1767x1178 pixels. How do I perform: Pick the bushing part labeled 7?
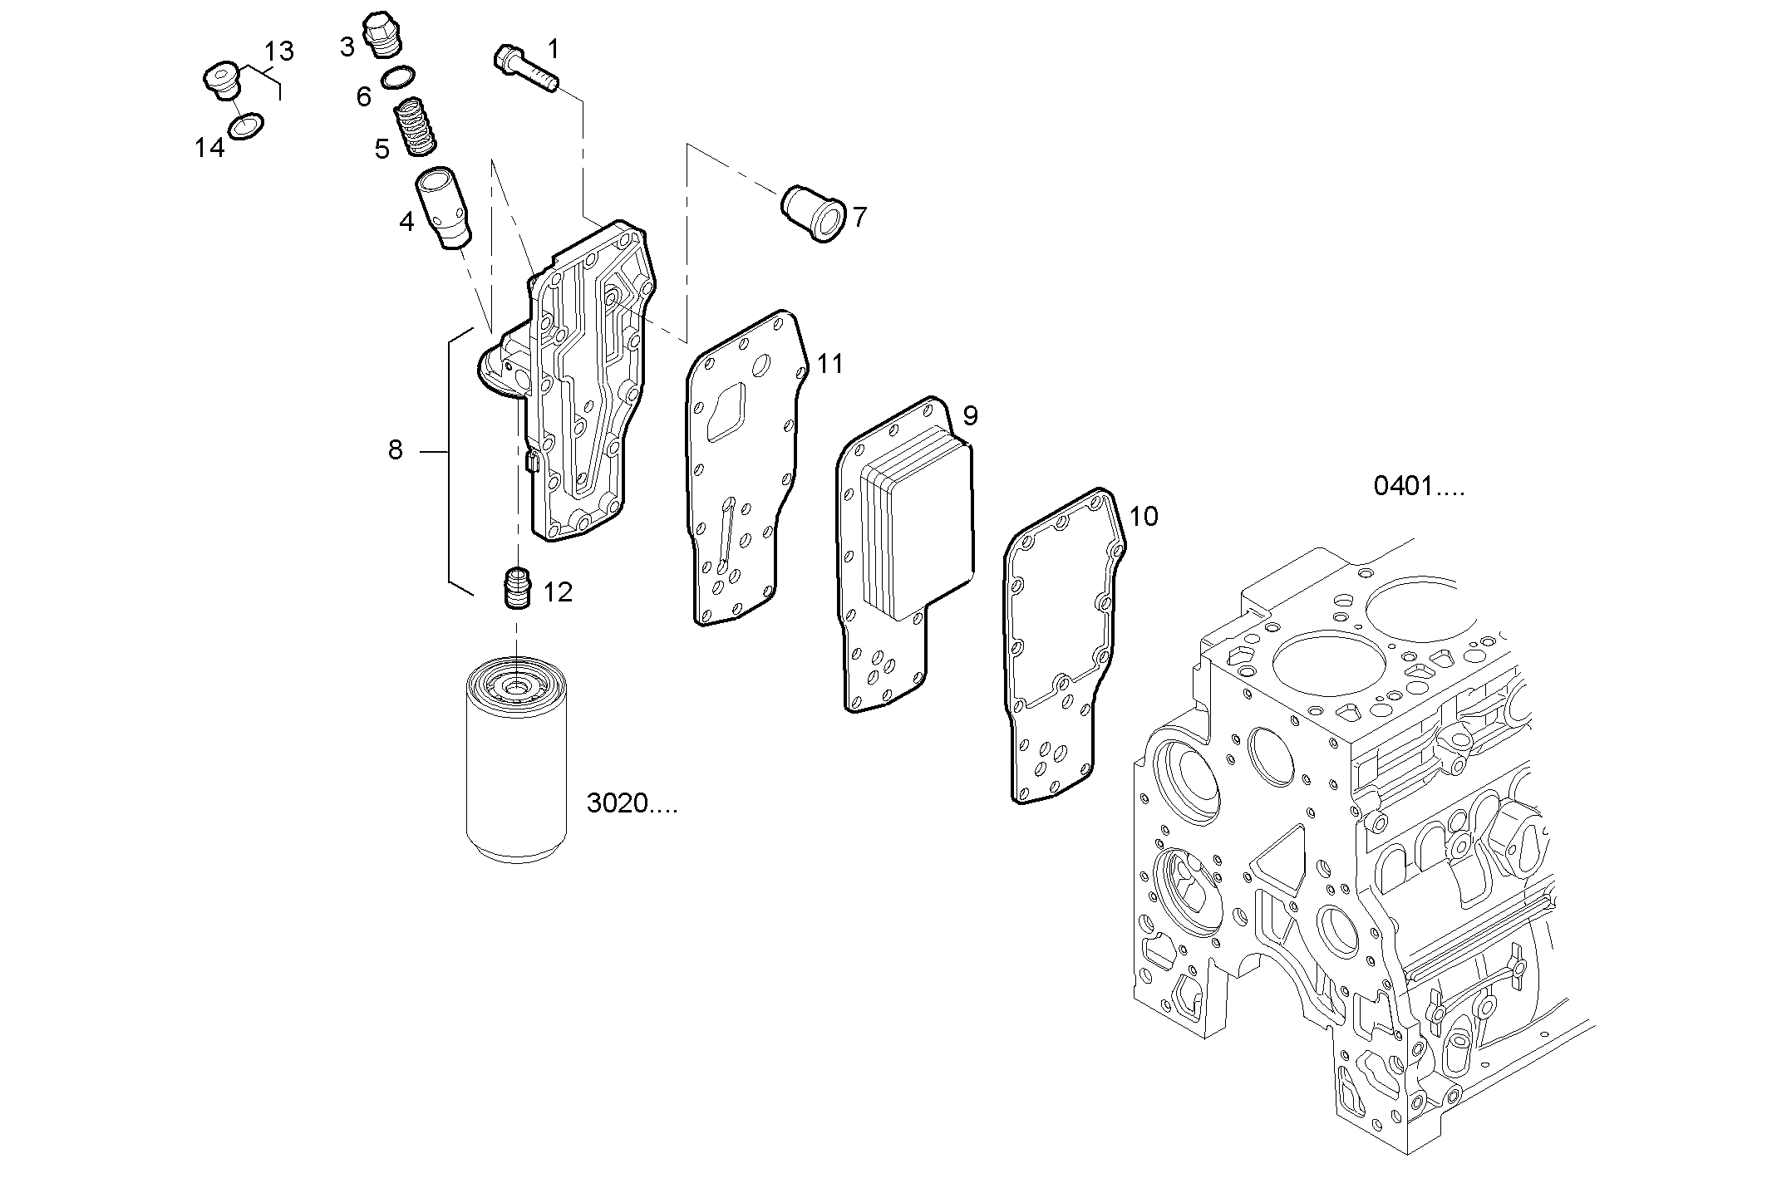pyautogui.click(x=814, y=213)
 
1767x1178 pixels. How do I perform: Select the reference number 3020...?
pyautogui.click(x=632, y=804)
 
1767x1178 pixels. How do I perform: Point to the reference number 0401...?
pyautogui.click(x=1418, y=486)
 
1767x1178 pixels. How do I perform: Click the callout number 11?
pyautogui.click(x=829, y=364)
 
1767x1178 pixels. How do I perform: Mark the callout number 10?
pyautogui.click(x=1144, y=517)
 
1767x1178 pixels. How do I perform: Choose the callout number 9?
pyautogui.click(x=969, y=416)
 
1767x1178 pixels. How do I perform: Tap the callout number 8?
pyautogui.click(x=395, y=450)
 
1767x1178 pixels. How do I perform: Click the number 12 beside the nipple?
pyautogui.click(x=558, y=592)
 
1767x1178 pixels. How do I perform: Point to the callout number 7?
pyautogui.click(x=859, y=218)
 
